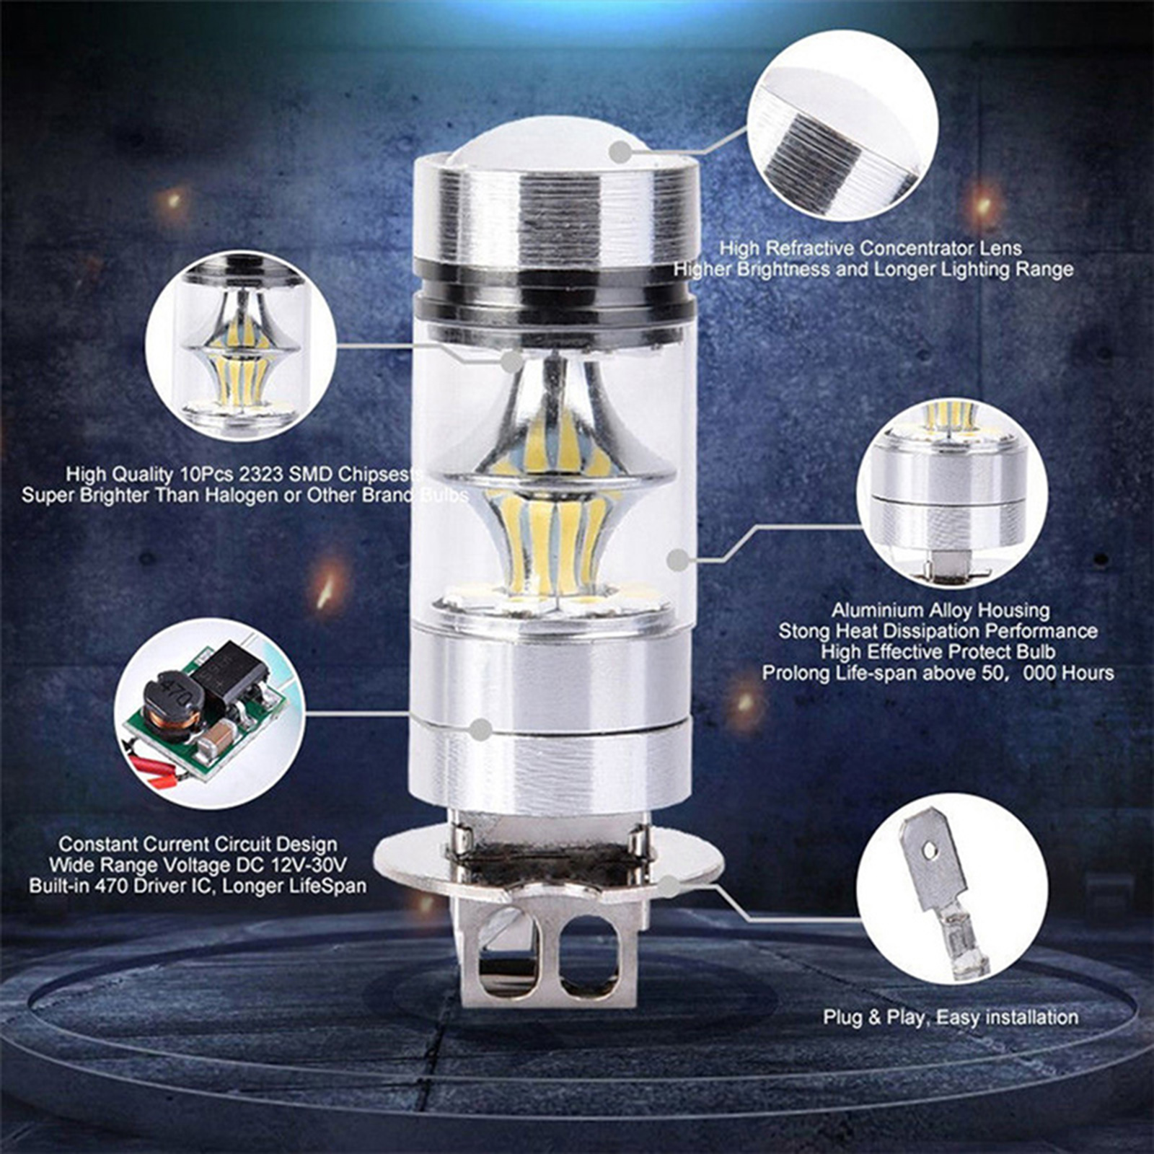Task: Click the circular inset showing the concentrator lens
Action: [842, 127]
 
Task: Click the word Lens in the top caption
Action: [1000, 248]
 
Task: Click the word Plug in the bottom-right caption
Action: [843, 1018]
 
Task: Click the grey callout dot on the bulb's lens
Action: [620, 152]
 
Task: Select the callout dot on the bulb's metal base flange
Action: [671, 886]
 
